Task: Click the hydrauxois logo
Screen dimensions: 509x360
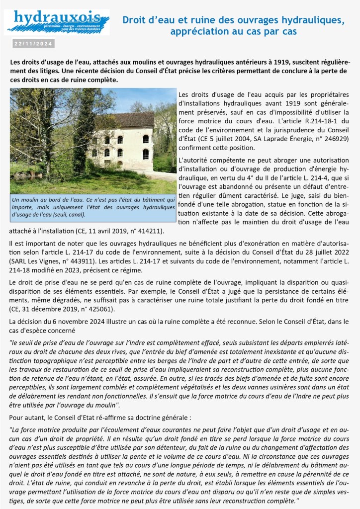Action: (x=57, y=22)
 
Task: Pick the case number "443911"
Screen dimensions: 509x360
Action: (x=81, y=263)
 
